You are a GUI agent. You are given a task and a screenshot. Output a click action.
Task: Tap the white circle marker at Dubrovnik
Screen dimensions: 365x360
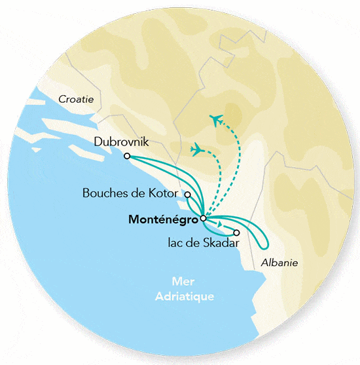[127, 156]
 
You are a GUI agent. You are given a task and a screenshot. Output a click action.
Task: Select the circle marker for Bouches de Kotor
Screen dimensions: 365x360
[188, 195]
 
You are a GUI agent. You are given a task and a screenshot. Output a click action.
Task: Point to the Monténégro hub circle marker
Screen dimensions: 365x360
[203, 218]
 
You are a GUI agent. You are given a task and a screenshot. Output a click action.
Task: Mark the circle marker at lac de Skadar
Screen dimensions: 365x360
[236, 233]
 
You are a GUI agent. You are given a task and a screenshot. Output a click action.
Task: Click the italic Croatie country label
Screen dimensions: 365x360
[76, 99]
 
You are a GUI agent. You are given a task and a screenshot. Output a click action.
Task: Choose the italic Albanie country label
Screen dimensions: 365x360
[279, 263]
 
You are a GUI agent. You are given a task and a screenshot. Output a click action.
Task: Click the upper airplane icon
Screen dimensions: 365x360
[217, 120]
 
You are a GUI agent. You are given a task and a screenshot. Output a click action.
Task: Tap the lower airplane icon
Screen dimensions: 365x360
[196, 149]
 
